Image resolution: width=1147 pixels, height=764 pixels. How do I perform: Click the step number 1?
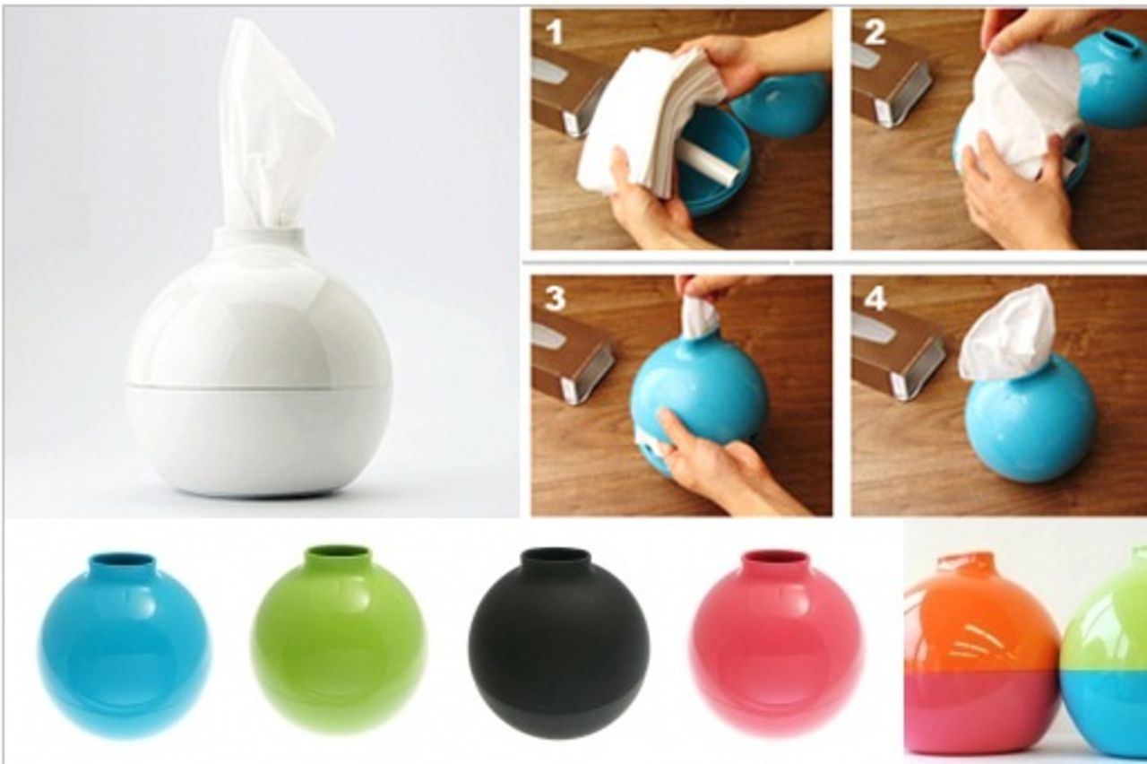tap(555, 32)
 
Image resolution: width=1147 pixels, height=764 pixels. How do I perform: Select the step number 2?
tap(874, 32)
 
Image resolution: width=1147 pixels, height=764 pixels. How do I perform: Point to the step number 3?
tap(555, 297)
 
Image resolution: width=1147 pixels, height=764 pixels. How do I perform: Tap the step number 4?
tap(875, 298)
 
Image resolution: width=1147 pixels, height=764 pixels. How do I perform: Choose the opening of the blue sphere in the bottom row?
tap(122, 560)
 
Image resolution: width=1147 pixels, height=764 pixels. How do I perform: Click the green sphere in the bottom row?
tap(338, 637)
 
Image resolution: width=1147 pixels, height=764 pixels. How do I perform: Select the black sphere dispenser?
tap(557, 641)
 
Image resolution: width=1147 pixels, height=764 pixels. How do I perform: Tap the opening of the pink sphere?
tap(776, 557)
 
